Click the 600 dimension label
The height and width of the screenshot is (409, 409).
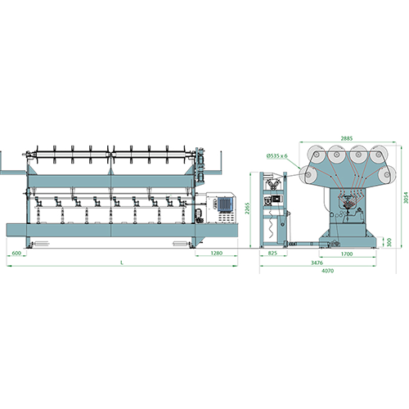(16, 253)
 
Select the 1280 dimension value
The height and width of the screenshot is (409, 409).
(217, 253)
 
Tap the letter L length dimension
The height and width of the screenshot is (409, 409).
(122, 263)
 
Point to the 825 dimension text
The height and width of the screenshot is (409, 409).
(272, 253)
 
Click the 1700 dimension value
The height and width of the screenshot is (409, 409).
(347, 254)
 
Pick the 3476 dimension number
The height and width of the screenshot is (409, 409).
(317, 263)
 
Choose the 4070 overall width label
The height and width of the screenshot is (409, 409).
(328, 271)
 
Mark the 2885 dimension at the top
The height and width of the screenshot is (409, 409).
(347, 138)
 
